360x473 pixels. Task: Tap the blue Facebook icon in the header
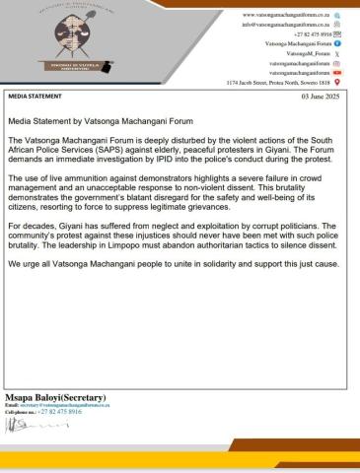coord(337,45)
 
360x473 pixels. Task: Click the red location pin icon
coord(337,83)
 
